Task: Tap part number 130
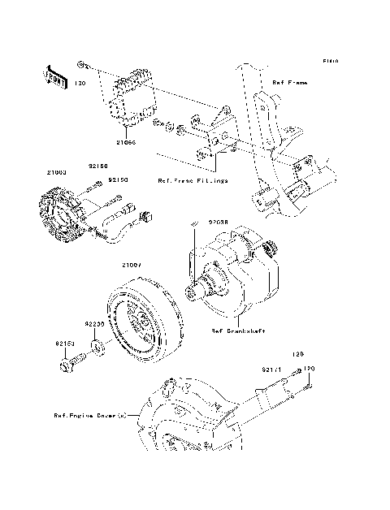pyautogui.click(x=80, y=84)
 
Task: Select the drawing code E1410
pyautogui.click(x=329, y=61)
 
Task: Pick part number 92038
pyautogui.click(x=218, y=220)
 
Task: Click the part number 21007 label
pyautogui.click(x=132, y=265)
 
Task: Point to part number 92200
pyautogui.click(x=96, y=323)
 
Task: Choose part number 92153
pyautogui.click(x=67, y=344)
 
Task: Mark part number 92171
pyautogui.click(x=271, y=370)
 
